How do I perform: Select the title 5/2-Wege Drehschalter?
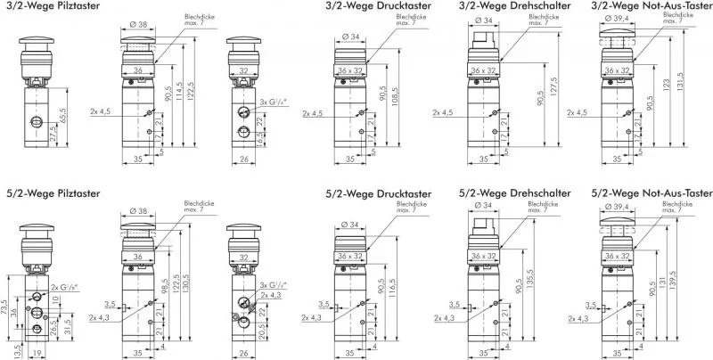[x=515, y=193]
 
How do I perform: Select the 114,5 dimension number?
[x=181, y=92]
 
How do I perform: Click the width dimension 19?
[x=34, y=354]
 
